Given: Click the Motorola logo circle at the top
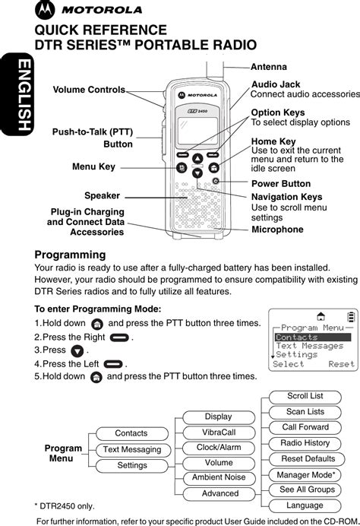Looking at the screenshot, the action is coord(45,10).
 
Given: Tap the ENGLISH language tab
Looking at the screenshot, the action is coord(17,94).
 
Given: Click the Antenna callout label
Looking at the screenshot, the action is coord(269,67).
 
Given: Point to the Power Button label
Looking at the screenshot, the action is coord(281,183).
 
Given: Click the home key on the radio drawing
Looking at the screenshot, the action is coord(214,167).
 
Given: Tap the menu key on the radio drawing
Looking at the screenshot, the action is coord(182,167).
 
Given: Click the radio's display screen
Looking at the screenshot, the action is coord(197,131).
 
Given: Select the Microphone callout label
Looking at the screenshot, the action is coord(277,230).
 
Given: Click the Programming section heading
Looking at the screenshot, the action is coord(70,255).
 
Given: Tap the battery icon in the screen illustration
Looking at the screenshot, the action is coord(351,317).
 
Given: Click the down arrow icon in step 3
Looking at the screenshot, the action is coord(77,351).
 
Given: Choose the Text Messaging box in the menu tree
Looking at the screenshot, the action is coord(133,449).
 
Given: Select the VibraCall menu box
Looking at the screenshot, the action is coord(219,433).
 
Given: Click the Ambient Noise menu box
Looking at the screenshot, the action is coord(219,477).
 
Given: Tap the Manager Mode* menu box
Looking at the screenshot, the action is coord(305,475).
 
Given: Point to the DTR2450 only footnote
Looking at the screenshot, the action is coord(65,506).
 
